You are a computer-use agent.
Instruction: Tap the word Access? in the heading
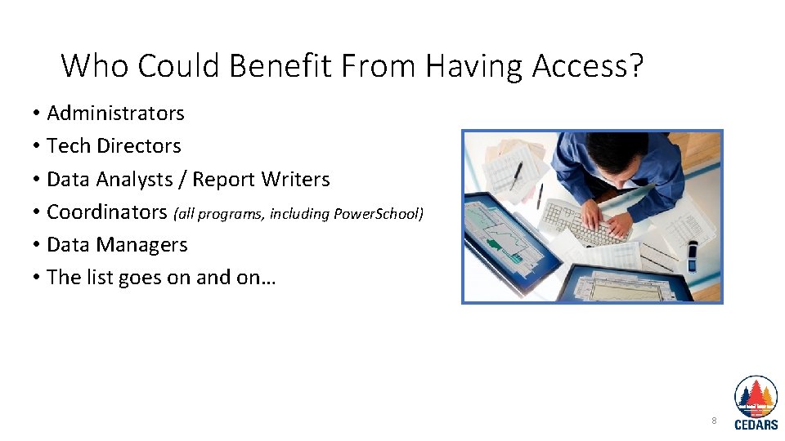pyautogui.click(x=587, y=65)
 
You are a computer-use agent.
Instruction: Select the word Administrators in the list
pyautogui.click(x=115, y=113)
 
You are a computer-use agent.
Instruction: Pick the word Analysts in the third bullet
pyautogui.click(x=134, y=179)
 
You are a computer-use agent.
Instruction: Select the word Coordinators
pyautogui.click(x=106, y=212)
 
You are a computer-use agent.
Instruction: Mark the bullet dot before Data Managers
pyautogui.click(x=38, y=245)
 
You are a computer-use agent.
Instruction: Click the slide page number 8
pyautogui.click(x=714, y=421)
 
